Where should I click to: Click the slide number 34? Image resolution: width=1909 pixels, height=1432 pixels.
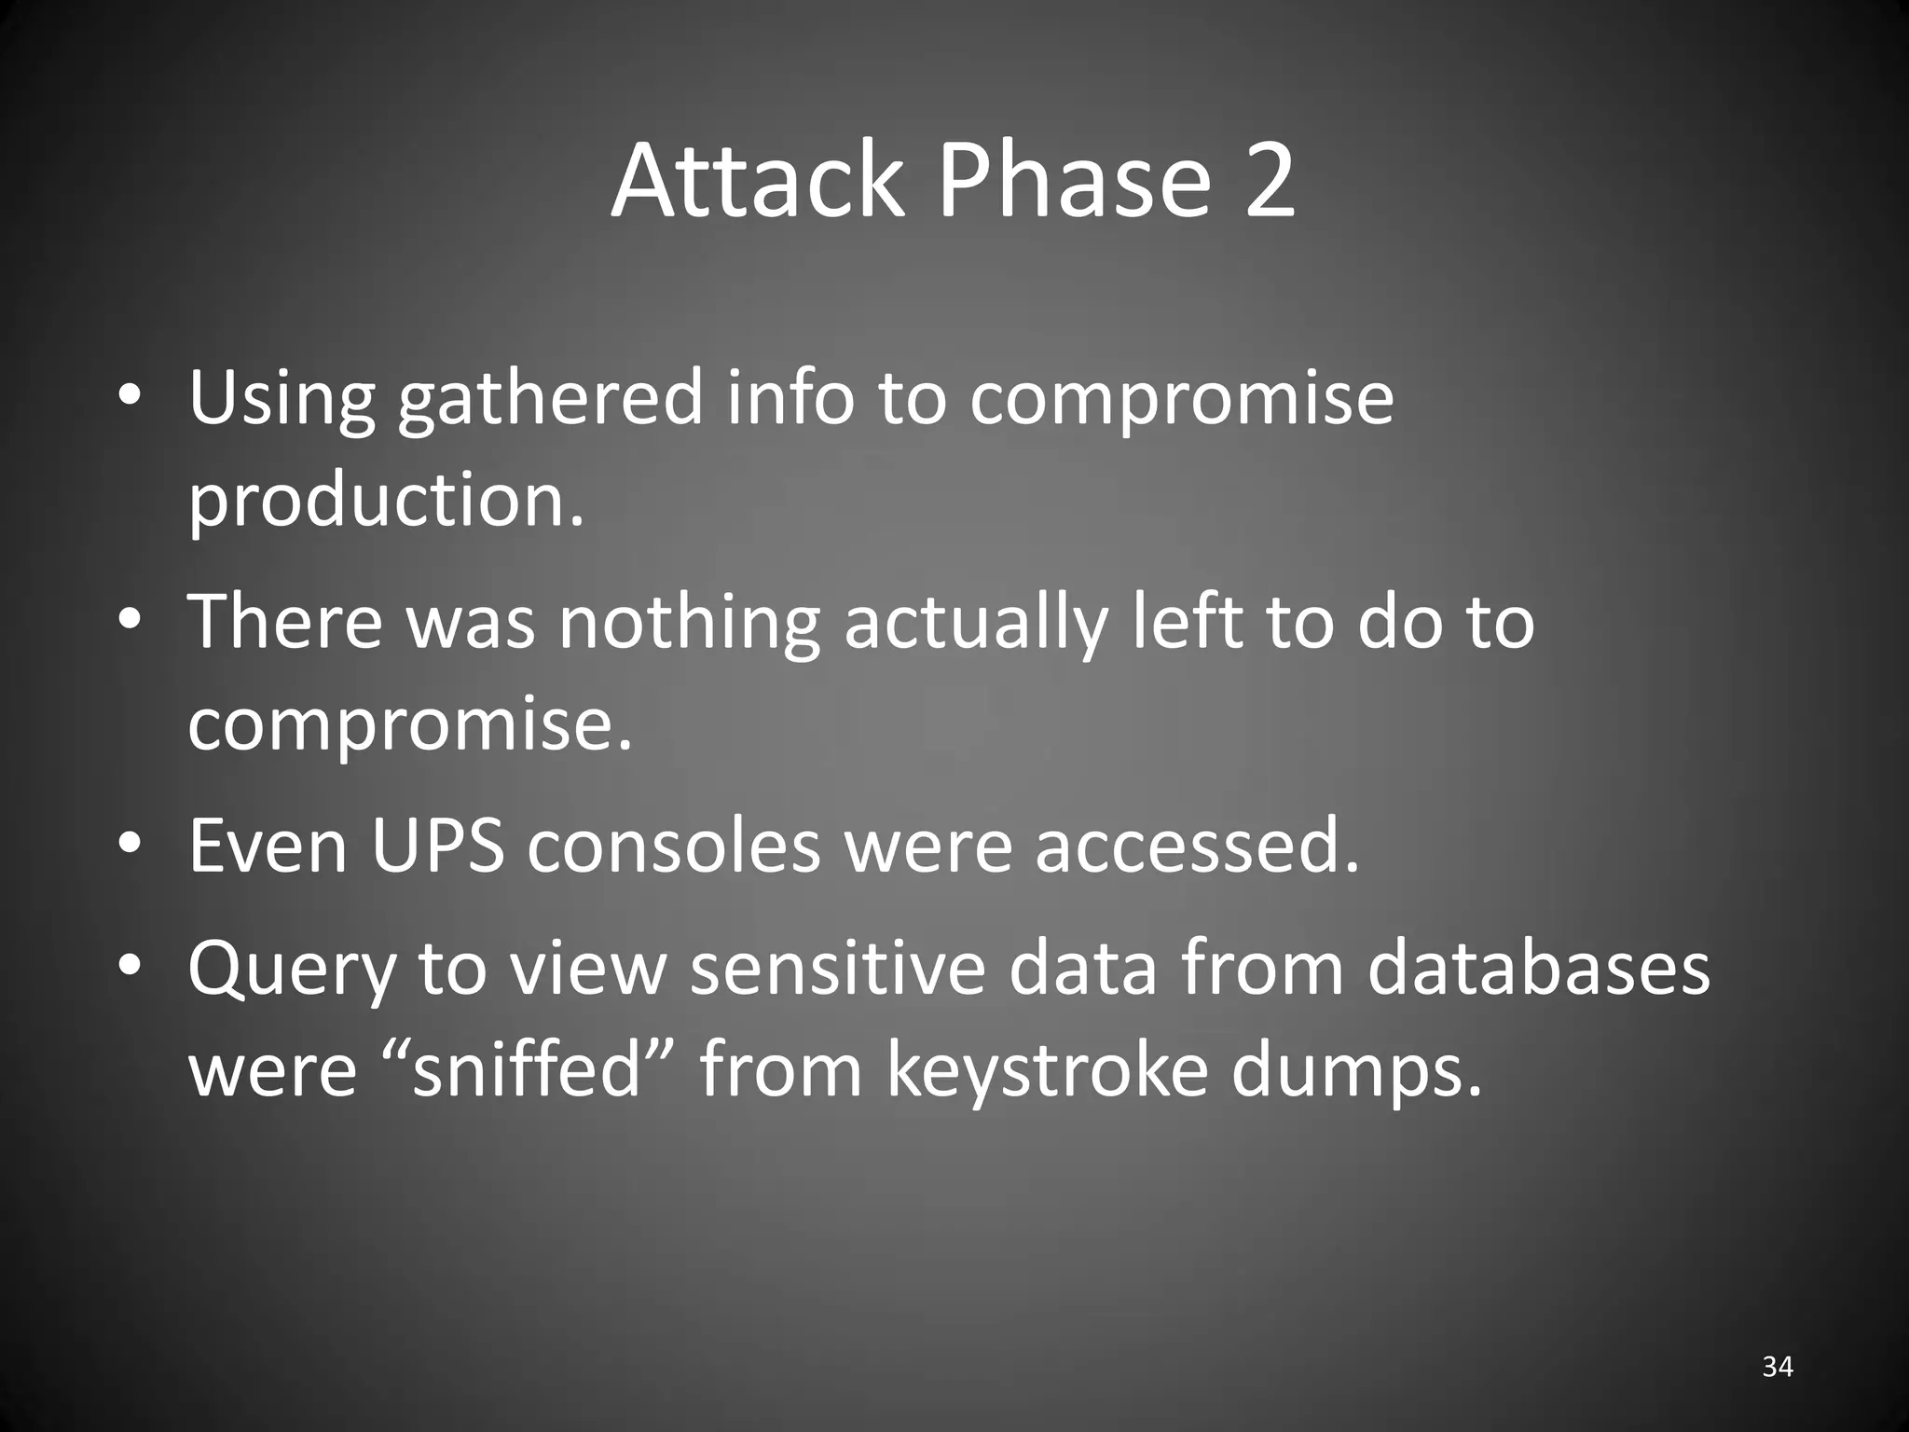[x=1778, y=1367]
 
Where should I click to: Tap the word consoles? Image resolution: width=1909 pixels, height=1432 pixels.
[x=674, y=847]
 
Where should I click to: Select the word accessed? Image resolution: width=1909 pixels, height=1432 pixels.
[x=1197, y=847]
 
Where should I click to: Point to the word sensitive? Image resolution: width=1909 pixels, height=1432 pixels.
[x=838, y=968]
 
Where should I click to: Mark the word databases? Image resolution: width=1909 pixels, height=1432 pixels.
[x=1538, y=968]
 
